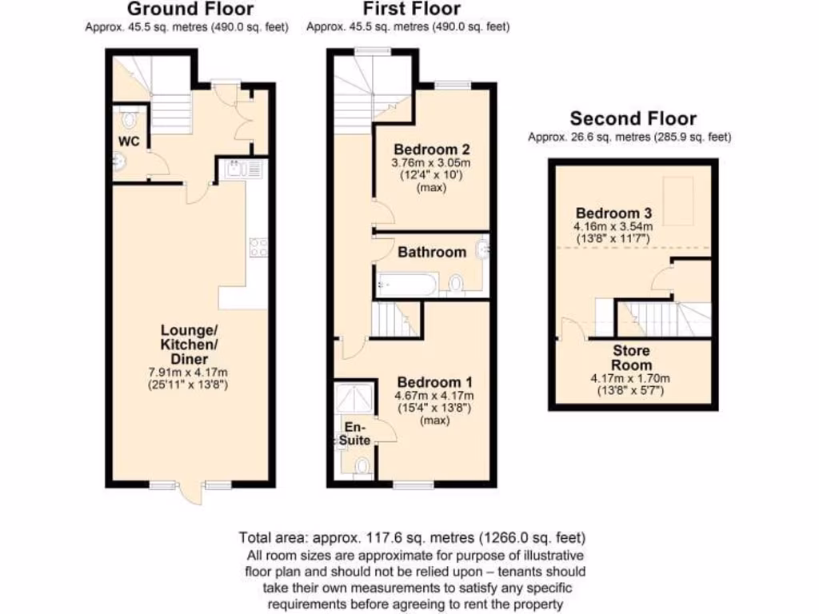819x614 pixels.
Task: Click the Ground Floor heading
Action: [x=190, y=10]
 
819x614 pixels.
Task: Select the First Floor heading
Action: [x=411, y=10]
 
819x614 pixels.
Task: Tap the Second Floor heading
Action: [x=633, y=118]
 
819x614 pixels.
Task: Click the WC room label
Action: [x=130, y=142]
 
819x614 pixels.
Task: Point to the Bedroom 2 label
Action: [x=432, y=150]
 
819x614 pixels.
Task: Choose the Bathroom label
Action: [x=432, y=252]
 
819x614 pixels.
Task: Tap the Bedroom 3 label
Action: [x=614, y=213]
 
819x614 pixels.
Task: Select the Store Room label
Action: [x=632, y=358]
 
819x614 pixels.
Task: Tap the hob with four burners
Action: [x=258, y=248]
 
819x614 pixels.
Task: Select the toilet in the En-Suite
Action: [x=361, y=466]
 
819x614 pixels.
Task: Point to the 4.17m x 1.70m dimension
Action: [x=631, y=379]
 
